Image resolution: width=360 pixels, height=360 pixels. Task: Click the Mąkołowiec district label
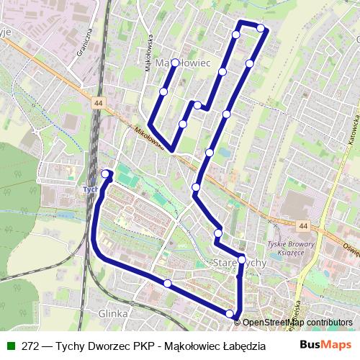[x=183, y=63]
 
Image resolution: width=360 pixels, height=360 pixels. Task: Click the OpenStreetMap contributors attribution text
[x=297, y=323]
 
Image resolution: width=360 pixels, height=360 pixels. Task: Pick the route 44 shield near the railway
[x=98, y=104]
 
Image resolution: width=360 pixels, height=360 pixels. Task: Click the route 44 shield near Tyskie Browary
[x=303, y=226]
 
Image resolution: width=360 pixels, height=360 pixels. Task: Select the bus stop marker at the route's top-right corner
[x=261, y=29]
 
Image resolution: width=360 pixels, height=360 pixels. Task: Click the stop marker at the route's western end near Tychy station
[x=106, y=174]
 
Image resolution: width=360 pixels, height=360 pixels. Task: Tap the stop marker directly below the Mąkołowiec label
[x=175, y=63]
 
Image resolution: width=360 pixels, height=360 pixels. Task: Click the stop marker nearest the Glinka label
[x=167, y=284]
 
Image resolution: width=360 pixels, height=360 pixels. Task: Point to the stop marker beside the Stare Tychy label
[x=242, y=260]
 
